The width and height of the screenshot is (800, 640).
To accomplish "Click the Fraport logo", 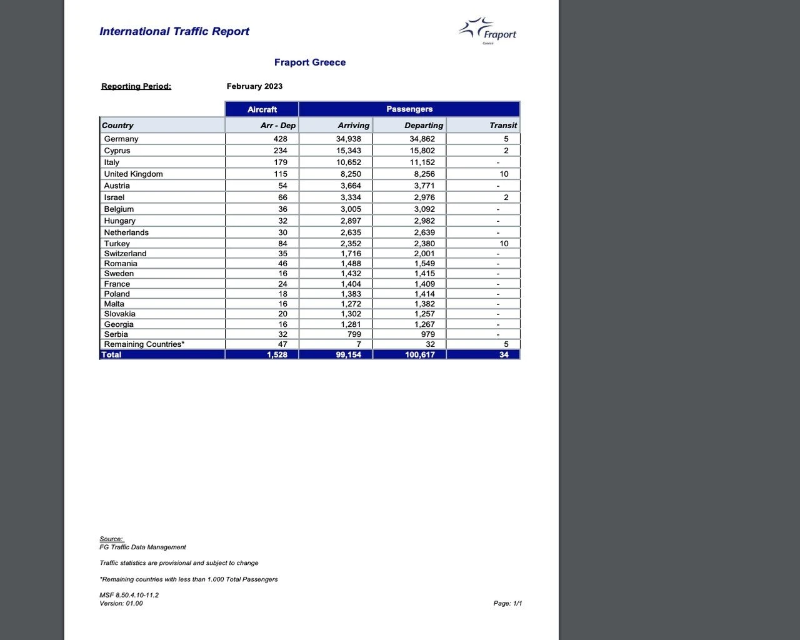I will (487, 31).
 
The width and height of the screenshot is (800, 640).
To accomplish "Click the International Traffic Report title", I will (174, 31).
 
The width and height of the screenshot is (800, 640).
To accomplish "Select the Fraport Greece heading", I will (310, 62).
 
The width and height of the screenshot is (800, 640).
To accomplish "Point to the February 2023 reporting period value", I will (254, 86).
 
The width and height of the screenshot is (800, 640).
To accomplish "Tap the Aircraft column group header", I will (262, 109).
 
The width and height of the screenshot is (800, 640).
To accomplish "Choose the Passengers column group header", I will (409, 109).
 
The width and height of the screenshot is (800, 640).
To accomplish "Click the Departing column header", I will (423, 125).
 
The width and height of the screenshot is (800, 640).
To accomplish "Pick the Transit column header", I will (503, 125).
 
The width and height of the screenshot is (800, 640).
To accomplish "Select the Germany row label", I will (121, 139).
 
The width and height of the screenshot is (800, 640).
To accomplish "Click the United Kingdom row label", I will (133, 174).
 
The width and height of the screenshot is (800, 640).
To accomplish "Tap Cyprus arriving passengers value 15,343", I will (349, 151).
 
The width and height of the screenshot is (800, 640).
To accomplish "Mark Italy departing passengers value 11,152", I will (422, 162).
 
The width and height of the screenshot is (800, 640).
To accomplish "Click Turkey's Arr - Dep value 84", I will (282, 244).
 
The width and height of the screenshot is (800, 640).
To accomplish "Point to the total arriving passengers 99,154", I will (348, 354).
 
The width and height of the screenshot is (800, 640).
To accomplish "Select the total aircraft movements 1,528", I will (277, 354).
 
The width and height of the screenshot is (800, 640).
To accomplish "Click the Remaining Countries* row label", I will (144, 344).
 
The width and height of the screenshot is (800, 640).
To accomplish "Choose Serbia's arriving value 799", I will (353, 334).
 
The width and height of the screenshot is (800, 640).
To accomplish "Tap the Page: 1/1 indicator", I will (507, 603).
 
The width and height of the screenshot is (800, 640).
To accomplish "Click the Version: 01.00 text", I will (121, 603).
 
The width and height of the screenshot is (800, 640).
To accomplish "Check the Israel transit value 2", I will (506, 197).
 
